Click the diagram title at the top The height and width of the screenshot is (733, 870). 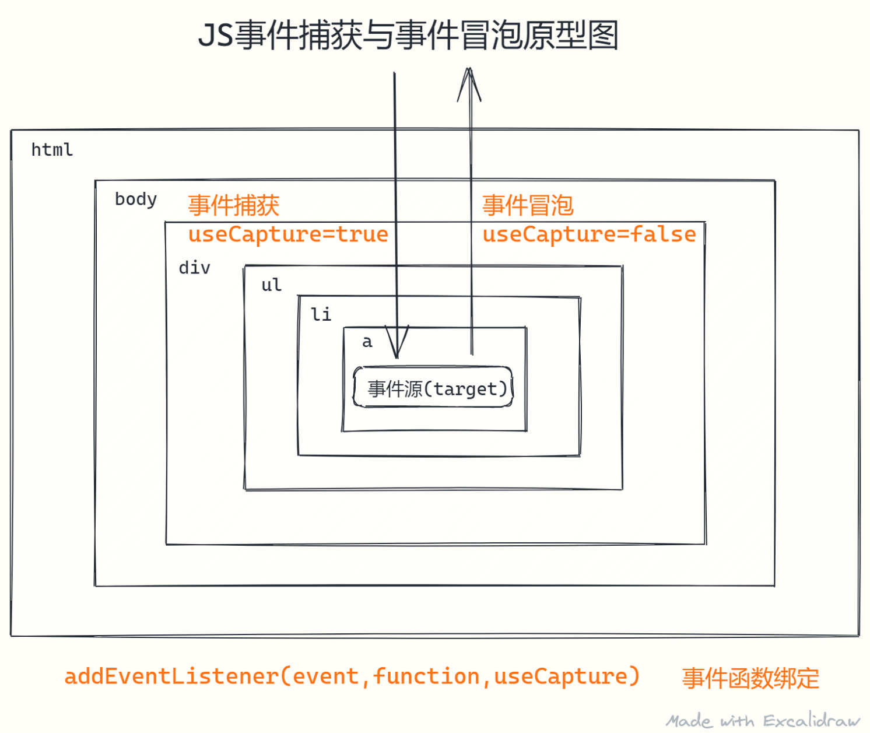pyautogui.click(x=408, y=36)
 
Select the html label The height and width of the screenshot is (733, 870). pyautogui.click(x=52, y=150)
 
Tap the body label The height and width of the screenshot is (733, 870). pyautogui.click(x=136, y=199)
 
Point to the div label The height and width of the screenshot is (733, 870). pyautogui.click(x=194, y=268)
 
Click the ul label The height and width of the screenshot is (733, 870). pyautogui.click(x=272, y=285)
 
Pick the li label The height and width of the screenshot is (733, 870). pyautogui.click(x=321, y=314)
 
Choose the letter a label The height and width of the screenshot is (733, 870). pyautogui.click(x=367, y=342)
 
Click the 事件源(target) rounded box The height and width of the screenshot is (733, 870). pyautogui.click(x=433, y=387)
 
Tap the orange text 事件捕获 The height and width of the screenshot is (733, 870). pyautogui.click(x=233, y=205)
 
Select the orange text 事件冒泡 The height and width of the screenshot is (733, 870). pyautogui.click(x=528, y=205)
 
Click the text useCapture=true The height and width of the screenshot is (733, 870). pyautogui.click(x=288, y=234)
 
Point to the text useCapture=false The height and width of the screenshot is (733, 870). pyautogui.click(x=589, y=234)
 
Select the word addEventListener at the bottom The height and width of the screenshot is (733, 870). pyautogui.click(x=171, y=676)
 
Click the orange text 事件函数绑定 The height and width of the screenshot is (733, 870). pyautogui.click(x=750, y=678)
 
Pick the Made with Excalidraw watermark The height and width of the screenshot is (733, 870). pyautogui.click(x=763, y=721)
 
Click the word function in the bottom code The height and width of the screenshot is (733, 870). pyautogui.click(x=426, y=676)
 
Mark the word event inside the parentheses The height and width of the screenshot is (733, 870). pyautogui.click(x=325, y=676)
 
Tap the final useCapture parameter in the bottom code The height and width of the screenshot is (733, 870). pyautogui.click(x=560, y=676)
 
